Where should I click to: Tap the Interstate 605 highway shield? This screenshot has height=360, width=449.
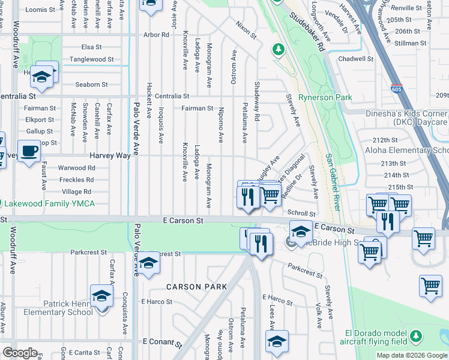[396, 88]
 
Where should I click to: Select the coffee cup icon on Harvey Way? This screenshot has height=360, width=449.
[29, 151]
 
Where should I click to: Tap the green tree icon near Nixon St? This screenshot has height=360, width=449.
[278, 49]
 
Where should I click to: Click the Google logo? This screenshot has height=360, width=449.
[20, 353]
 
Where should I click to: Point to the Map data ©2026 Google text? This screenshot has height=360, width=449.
[412, 355]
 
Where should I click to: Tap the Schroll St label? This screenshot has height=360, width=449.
[301, 213]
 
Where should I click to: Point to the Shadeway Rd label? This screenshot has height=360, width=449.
[257, 102]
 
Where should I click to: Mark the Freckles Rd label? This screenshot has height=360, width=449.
[77, 179]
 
